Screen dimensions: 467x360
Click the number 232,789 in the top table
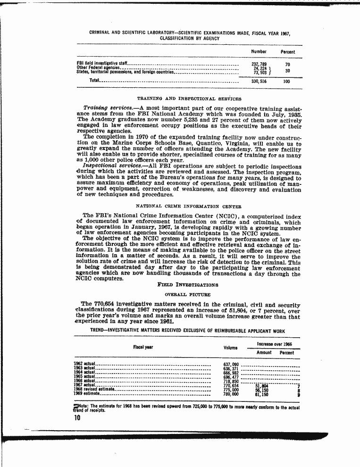(x=260, y=64)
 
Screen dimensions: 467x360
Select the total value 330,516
(x=260, y=81)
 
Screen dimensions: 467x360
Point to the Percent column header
(x=288, y=52)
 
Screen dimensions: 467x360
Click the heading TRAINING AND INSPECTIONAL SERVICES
(x=189, y=99)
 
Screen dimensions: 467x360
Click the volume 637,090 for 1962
(x=231, y=364)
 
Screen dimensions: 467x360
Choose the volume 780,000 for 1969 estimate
(x=231, y=393)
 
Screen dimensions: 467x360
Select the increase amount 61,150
(x=261, y=393)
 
